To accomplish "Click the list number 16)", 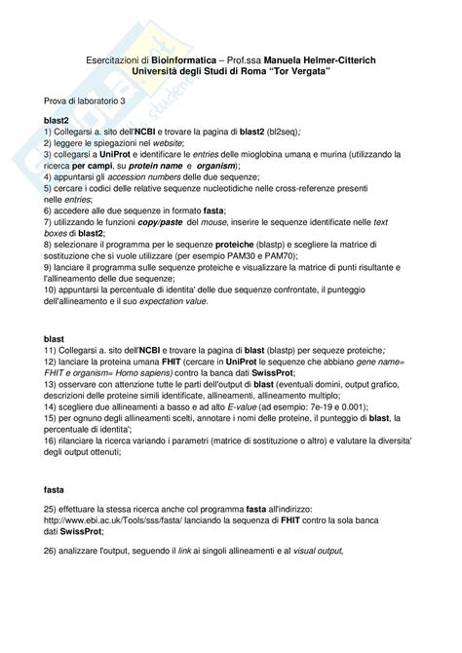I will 51,441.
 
